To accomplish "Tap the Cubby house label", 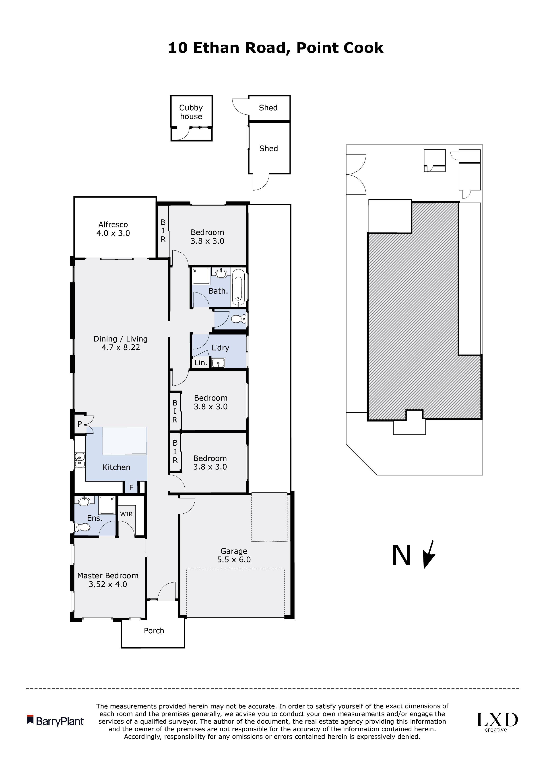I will click(191, 112).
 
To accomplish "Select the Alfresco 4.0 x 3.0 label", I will click(113, 229).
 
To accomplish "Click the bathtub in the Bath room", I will click(238, 287).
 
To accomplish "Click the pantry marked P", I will click(80, 424).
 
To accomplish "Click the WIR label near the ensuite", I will click(126, 514).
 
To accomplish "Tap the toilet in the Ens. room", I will click(82, 527).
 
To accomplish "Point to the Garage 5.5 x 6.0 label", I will click(234, 555).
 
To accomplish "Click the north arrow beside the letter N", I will click(429, 554).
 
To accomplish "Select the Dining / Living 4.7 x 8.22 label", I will click(121, 343).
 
